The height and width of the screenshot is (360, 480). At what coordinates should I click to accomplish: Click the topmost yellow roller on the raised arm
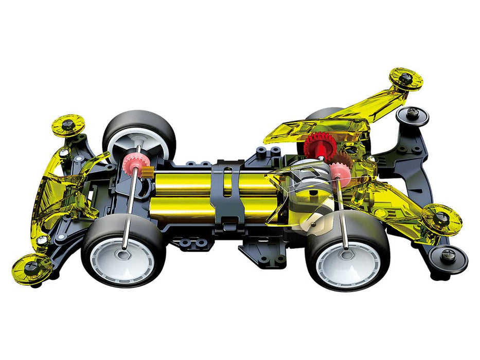point(405,79)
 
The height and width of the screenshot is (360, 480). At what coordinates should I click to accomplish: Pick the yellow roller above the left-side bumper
point(67,124)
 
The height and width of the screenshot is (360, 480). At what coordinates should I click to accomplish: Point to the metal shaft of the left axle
point(130,206)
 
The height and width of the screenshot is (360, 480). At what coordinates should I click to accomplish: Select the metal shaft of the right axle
point(342,211)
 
